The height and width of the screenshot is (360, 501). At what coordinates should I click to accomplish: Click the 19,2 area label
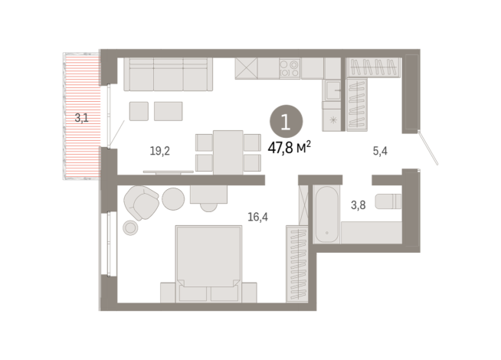click(159, 151)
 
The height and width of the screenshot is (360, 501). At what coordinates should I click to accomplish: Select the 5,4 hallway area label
click(380, 151)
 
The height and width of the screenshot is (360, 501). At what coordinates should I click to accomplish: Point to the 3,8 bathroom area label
click(358, 205)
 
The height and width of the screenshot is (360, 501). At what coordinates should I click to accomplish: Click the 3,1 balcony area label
click(82, 118)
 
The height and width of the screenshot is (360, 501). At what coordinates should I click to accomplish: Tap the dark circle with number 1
click(286, 122)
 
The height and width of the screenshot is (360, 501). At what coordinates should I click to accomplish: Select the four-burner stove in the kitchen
click(290, 67)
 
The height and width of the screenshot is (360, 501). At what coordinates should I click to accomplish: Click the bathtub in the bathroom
click(325, 214)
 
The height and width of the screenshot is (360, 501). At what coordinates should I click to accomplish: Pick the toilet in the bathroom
click(389, 202)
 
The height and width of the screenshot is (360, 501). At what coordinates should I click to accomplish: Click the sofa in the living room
click(168, 74)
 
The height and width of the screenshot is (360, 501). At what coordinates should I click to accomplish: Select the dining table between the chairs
click(228, 151)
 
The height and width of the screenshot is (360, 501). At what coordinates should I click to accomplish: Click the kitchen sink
click(334, 91)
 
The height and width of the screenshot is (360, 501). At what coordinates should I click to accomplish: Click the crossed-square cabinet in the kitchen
click(246, 67)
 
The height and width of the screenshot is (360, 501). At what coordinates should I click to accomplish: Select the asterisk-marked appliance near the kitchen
click(333, 120)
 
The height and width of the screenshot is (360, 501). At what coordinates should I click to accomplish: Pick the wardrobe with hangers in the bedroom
click(296, 262)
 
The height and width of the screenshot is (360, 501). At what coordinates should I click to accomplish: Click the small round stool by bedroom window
click(130, 227)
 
